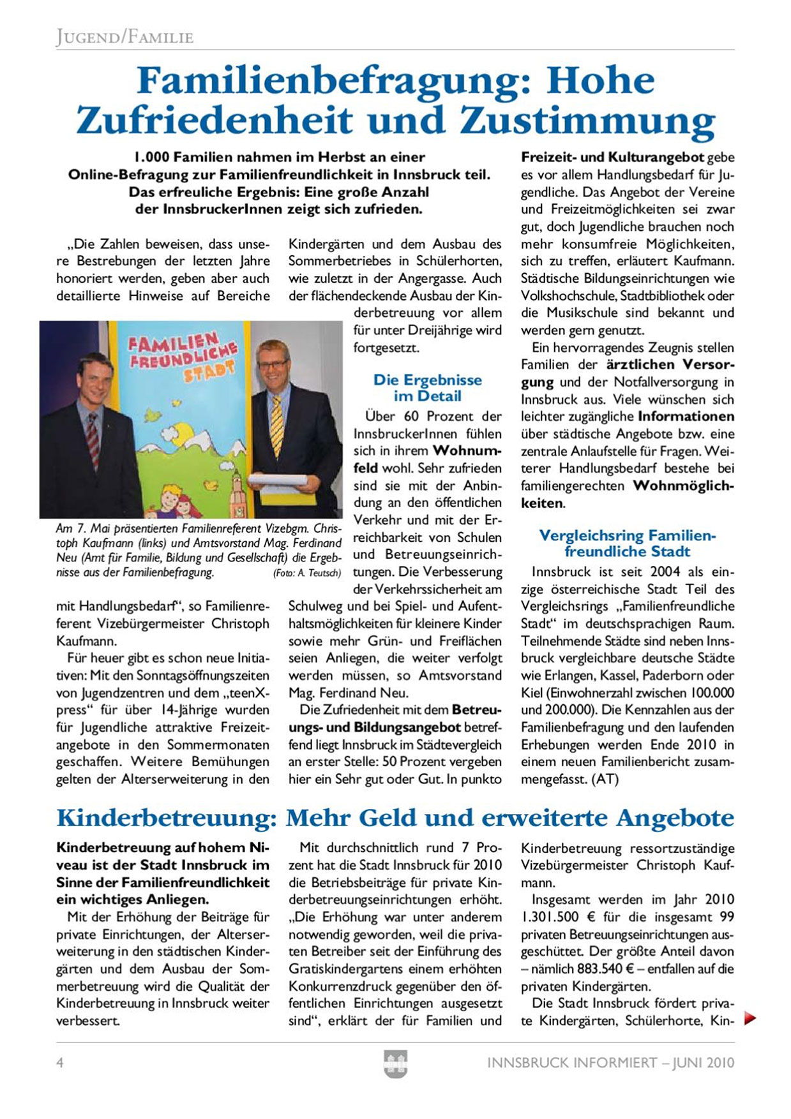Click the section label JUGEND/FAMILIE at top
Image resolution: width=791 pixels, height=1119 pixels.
click(x=124, y=37)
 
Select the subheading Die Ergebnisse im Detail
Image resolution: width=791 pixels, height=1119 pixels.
click(x=427, y=388)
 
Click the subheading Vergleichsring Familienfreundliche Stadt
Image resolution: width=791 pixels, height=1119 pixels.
click(x=628, y=544)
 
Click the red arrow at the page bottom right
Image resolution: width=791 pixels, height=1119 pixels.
click(x=750, y=1018)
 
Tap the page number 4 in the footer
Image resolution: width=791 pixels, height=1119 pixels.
click(x=60, y=1063)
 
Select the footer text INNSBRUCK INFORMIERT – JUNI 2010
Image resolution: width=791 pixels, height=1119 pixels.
click(x=610, y=1063)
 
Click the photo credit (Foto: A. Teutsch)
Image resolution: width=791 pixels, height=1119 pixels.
click(x=307, y=573)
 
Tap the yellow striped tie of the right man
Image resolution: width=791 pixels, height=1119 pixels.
click(x=277, y=424)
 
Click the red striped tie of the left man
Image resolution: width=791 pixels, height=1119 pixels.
click(x=93, y=440)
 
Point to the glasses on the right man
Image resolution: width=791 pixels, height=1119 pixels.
click(x=273, y=365)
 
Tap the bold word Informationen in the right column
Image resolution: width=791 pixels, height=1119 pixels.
click(x=686, y=417)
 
